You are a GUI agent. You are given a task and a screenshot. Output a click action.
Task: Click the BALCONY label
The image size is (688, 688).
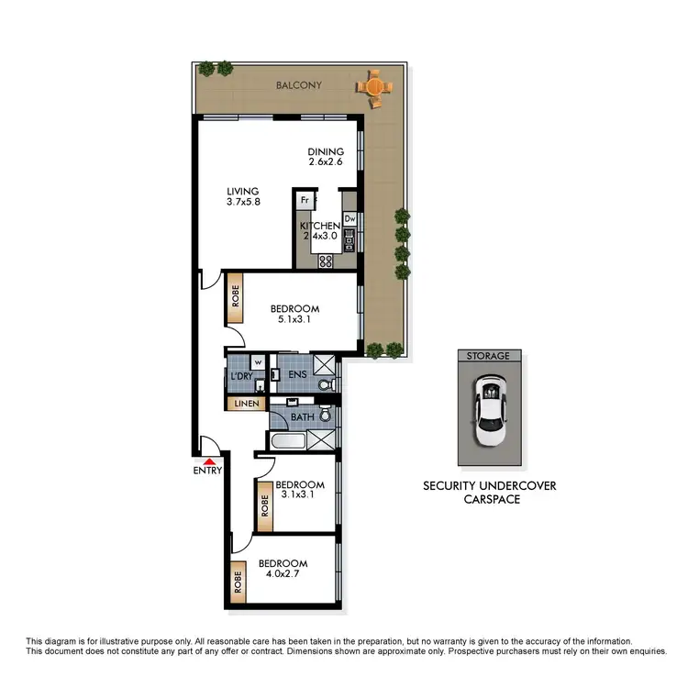299,86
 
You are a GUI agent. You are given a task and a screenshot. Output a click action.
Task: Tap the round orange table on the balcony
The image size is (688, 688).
372,87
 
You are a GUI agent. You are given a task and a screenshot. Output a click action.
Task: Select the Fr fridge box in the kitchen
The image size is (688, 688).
304,198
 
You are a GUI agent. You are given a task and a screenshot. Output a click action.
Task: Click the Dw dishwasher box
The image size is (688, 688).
350,218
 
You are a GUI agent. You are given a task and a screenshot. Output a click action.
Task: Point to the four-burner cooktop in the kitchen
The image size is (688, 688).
325,261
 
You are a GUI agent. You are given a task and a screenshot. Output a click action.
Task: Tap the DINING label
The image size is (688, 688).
326,152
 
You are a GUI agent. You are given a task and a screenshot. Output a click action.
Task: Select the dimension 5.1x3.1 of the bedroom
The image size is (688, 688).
294,320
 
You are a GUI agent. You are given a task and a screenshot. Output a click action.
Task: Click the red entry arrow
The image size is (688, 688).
210,461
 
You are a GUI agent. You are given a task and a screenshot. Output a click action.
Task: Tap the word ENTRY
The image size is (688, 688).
208,472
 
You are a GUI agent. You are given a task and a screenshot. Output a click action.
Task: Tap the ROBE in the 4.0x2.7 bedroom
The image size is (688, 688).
239,583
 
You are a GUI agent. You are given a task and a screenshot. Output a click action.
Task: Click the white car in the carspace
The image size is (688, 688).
489,410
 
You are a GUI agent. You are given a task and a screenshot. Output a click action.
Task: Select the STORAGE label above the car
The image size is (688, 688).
489,355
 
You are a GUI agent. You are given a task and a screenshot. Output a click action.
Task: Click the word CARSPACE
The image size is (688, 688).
489,499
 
